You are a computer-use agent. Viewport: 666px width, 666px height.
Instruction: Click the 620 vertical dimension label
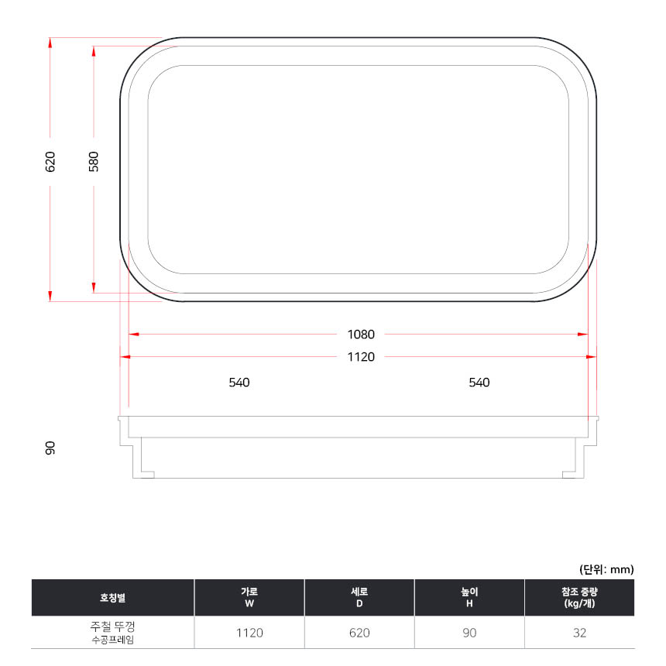(50, 161)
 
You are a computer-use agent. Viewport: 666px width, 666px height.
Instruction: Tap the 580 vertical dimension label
(94, 161)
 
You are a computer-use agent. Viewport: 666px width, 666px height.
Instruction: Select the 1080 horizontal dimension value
(361, 335)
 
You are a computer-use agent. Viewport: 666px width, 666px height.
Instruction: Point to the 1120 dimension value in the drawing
(361, 357)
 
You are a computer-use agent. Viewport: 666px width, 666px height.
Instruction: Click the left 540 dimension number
(239, 383)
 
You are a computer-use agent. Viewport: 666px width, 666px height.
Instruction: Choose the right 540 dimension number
(479, 383)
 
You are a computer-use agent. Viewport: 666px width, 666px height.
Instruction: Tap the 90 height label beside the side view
(50, 448)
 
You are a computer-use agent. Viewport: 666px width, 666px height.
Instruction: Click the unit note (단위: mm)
(606, 569)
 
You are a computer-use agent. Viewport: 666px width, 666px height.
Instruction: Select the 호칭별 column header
(112, 598)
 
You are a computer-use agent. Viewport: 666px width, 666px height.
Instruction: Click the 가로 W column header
(249, 597)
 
